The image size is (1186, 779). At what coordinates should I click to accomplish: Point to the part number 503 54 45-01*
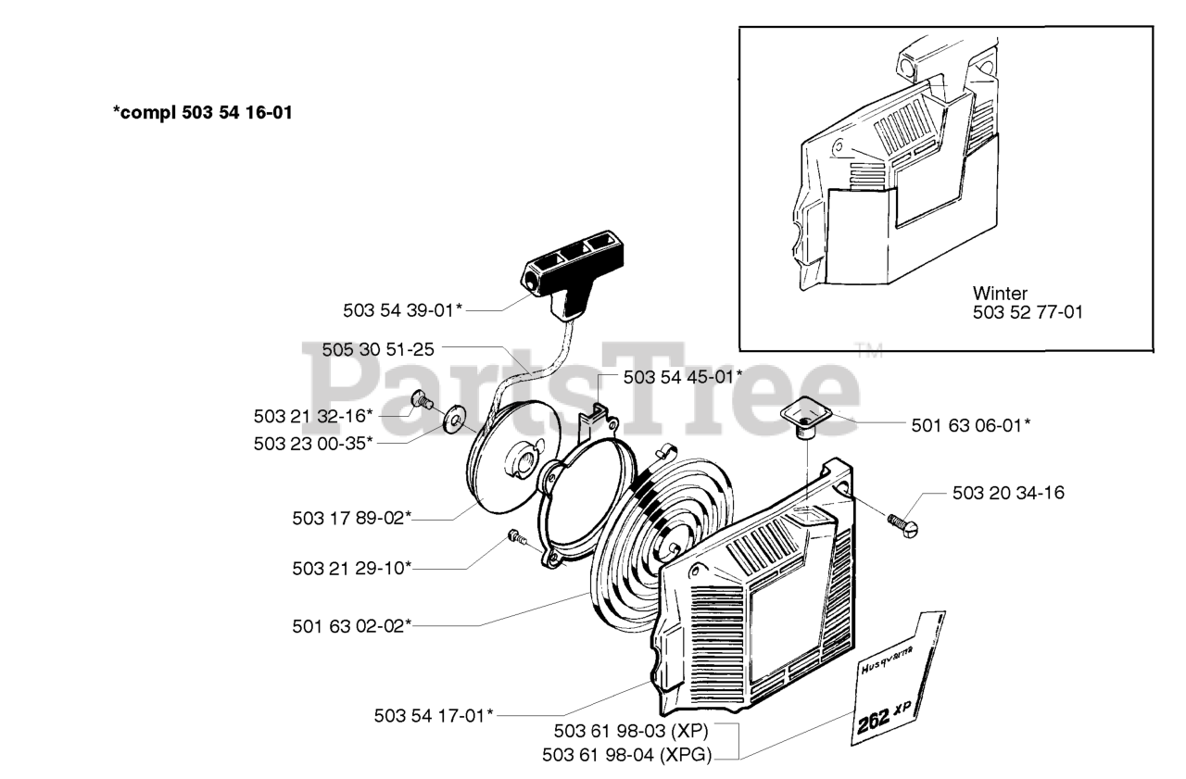(x=683, y=377)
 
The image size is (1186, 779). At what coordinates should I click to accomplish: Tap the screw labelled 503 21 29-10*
(x=516, y=537)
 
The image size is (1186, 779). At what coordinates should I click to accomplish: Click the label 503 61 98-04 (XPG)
(x=627, y=756)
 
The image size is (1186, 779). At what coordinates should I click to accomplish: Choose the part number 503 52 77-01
(x=1028, y=313)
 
